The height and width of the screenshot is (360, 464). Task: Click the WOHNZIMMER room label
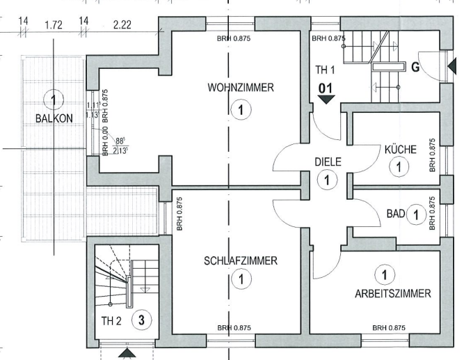click(x=241, y=88)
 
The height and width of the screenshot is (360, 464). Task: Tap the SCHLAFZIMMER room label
click(x=241, y=261)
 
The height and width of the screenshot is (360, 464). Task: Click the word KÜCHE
click(x=400, y=150)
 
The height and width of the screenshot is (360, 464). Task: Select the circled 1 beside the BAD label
click(x=415, y=214)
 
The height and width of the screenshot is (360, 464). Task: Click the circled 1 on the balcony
click(x=56, y=97)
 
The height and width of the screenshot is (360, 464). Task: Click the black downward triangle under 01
click(x=327, y=100)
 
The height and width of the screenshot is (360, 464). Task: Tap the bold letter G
click(x=415, y=68)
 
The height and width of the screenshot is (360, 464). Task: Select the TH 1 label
click(x=326, y=70)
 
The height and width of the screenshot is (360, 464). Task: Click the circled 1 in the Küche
click(x=398, y=166)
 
